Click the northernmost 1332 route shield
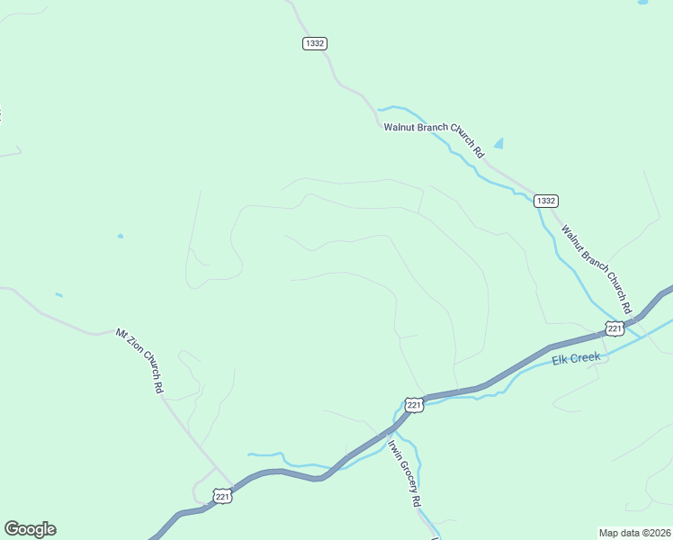pos(314,43)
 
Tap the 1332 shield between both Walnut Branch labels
pos(545,201)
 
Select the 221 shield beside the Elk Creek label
pos(615,328)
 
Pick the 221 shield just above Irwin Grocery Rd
pos(413,406)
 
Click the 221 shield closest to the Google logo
pos(223,496)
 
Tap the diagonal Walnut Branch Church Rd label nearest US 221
pos(597,264)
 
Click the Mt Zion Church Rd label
pos(139,360)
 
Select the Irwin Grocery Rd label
pos(405,472)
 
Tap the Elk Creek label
pos(576,359)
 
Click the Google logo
pos(30,529)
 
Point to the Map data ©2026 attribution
pos(633,533)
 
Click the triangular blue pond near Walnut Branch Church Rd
pos(498,143)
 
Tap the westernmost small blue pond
pos(58,294)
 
